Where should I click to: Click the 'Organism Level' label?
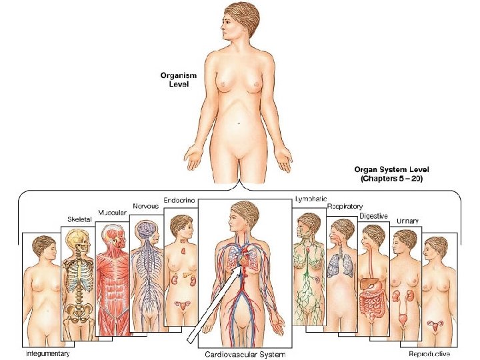(x=177, y=79)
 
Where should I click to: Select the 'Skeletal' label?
(x=79, y=219)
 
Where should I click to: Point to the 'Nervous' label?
(x=145, y=206)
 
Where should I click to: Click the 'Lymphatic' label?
(x=310, y=199)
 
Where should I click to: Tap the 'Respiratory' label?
(x=345, y=207)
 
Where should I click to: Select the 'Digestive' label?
(x=373, y=215)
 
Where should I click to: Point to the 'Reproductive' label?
(x=429, y=353)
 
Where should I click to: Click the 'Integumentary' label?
(x=47, y=353)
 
